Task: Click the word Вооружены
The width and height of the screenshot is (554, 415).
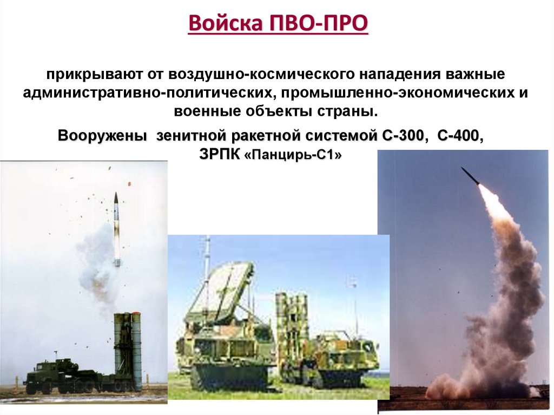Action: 103,136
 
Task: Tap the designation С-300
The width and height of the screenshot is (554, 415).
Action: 403,136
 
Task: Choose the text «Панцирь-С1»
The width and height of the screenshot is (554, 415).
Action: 293,155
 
